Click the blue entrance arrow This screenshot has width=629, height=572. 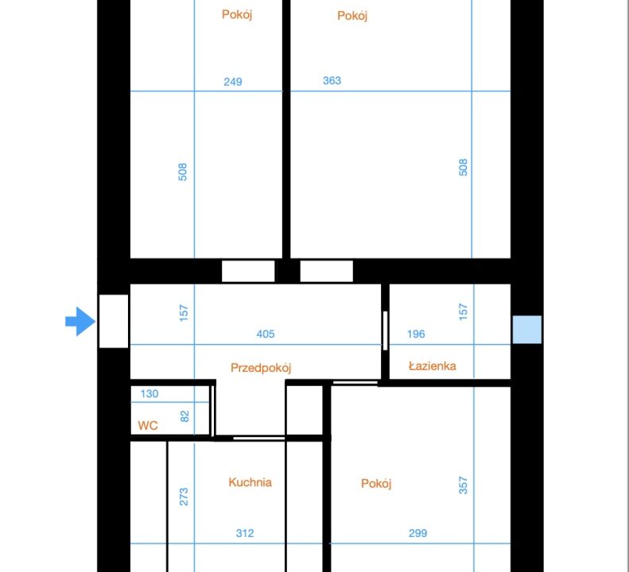[80, 322]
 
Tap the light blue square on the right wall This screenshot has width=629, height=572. [527, 330]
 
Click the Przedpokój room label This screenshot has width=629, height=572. [261, 368]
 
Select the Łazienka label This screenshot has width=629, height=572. [433, 366]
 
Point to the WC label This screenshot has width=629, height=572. [148, 425]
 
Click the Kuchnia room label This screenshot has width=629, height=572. [250, 481]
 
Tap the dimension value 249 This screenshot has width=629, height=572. [233, 82]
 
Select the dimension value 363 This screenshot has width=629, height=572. [332, 80]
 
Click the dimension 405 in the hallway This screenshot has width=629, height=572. [266, 334]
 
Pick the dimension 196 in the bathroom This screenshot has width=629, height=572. [416, 334]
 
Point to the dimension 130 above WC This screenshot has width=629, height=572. [149, 393]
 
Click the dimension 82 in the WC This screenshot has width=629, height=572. [184, 416]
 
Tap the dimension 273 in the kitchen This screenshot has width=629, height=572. [184, 497]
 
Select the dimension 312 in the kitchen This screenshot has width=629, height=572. [245, 533]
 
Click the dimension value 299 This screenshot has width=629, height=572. [417, 533]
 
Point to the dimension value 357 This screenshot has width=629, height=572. [463, 485]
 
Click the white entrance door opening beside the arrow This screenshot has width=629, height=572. [114, 321]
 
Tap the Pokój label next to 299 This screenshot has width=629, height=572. [376, 483]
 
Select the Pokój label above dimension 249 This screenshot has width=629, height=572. [237, 14]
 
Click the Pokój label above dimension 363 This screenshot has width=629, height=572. [352, 16]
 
